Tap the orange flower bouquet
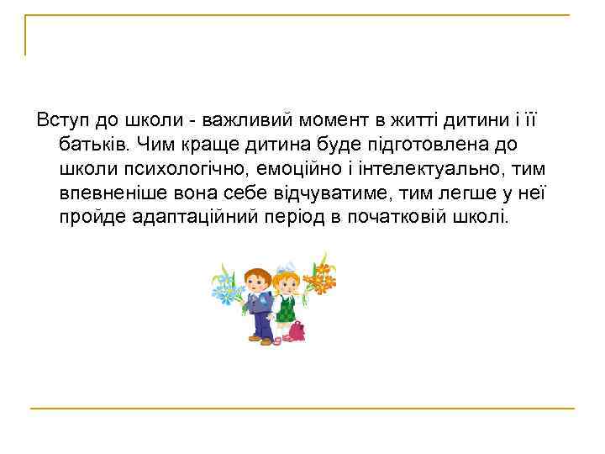tap(318, 272)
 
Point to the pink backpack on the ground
tap(294, 330)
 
